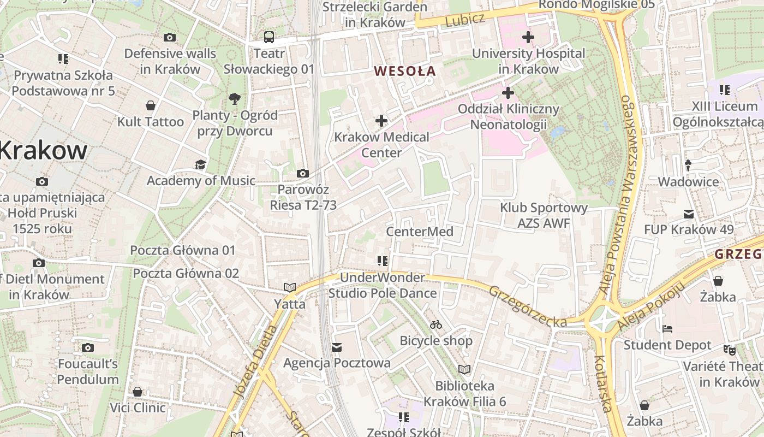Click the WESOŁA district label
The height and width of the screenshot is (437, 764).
405,71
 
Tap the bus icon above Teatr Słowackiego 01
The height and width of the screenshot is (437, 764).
269,37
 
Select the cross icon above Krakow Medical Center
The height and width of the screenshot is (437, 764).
381,121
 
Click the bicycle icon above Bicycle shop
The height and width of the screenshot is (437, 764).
435,324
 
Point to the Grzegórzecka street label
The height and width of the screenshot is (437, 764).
528,306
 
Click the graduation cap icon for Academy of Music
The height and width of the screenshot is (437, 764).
201,164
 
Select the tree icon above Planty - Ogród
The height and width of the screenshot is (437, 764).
235,99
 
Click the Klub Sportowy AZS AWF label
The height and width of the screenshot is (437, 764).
544,215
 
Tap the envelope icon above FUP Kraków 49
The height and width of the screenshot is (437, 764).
689,214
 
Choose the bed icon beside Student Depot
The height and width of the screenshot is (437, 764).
667,329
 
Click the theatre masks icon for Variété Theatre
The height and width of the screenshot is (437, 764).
729,350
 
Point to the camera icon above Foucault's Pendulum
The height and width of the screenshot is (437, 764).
88,347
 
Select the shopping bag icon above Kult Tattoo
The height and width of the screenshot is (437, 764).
151,105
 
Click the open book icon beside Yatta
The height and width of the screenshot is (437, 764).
289,287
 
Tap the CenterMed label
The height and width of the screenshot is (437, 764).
420,232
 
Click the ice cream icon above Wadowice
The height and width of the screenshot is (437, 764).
688,165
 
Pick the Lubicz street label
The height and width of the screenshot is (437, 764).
464,20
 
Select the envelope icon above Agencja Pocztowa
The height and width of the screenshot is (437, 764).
337,347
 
